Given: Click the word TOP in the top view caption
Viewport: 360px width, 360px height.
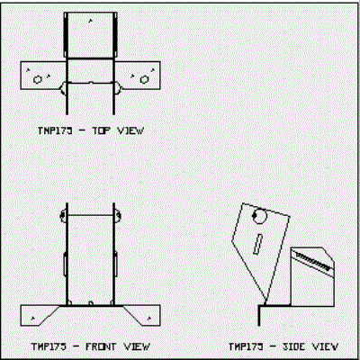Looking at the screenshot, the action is (x=101, y=130).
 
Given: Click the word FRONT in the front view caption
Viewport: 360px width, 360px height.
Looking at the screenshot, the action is (x=101, y=346).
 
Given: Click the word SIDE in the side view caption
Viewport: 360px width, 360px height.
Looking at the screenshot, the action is (x=294, y=346).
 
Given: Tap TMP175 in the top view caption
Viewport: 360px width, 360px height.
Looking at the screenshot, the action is (x=55, y=130).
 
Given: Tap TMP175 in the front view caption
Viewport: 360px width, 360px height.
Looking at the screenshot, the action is (x=49, y=346).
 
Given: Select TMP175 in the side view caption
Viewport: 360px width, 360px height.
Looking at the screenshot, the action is (x=246, y=346).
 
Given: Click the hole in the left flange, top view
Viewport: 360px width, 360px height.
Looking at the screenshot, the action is (x=38, y=79).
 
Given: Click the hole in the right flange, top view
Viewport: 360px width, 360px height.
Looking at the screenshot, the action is (x=144, y=79).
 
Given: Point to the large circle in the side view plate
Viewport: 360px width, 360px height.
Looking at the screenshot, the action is (x=260, y=216).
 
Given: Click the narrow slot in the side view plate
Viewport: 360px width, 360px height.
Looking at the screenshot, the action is (x=258, y=245).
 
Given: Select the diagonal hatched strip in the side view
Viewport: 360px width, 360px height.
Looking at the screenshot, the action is (x=313, y=262).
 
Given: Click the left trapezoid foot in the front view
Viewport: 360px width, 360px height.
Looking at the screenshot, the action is (x=40, y=316).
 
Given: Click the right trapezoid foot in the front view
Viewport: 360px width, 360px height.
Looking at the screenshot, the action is (x=141, y=316).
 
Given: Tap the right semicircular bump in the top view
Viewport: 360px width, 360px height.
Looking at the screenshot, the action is (x=119, y=88).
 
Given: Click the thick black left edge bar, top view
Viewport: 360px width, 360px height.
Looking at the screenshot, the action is (x=66, y=34).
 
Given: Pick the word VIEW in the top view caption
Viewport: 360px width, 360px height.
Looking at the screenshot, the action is (x=130, y=130).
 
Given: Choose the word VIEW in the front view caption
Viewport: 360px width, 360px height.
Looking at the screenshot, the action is (x=137, y=346).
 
